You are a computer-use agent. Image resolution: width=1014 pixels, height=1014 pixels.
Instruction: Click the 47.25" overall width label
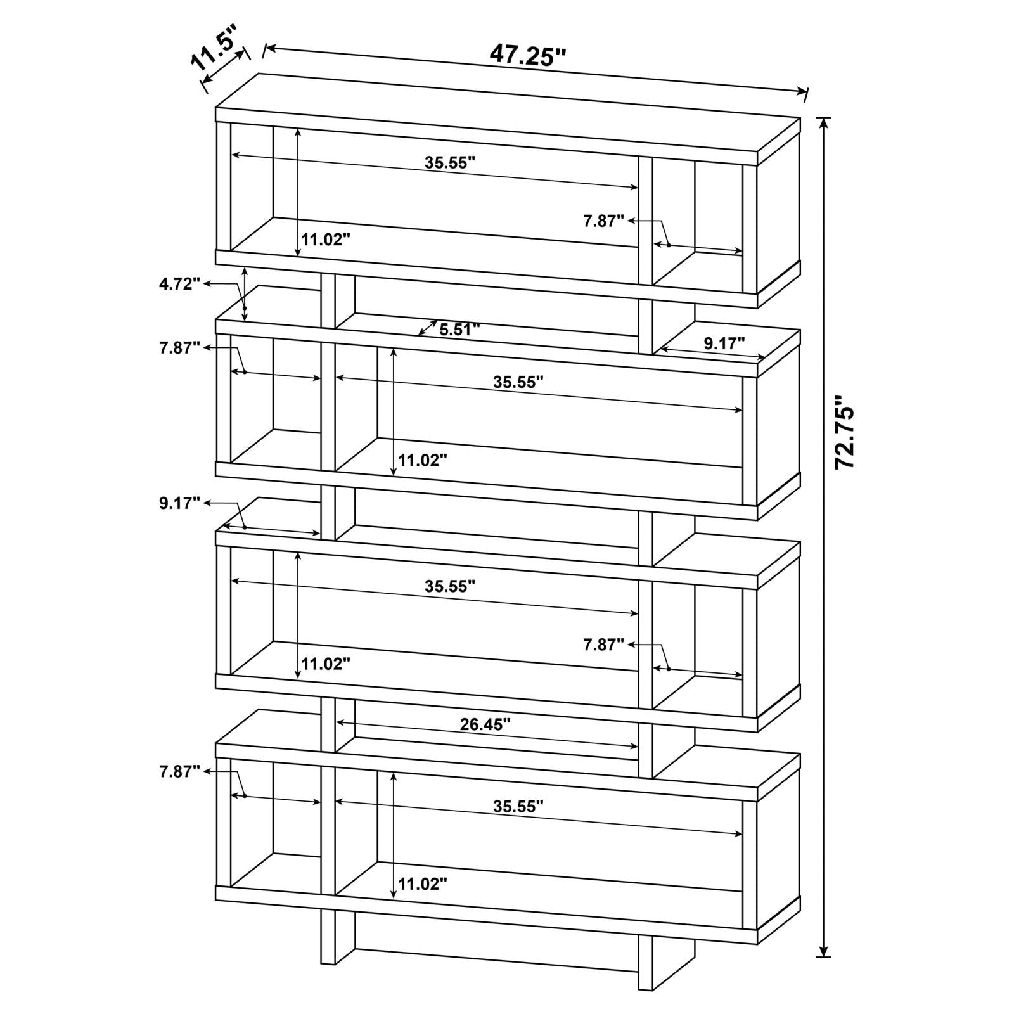point(527,55)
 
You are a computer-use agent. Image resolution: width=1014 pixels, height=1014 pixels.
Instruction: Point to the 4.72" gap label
point(180,283)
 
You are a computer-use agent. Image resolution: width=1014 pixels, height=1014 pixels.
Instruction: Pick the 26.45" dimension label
point(485,724)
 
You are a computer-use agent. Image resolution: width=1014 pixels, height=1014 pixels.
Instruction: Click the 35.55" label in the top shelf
point(450,162)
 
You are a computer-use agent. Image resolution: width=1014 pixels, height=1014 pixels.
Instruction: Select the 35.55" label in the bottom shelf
point(518,807)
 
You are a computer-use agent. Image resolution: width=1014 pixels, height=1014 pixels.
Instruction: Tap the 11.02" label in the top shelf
point(326,240)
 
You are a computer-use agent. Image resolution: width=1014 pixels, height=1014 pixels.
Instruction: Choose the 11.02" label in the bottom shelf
point(423,883)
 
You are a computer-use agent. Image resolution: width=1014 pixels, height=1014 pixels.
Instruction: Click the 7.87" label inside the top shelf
point(604,220)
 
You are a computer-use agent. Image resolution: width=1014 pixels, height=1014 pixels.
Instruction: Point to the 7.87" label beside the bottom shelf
point(180,771)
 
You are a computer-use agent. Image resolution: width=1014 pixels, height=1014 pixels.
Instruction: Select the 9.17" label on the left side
point(180,503)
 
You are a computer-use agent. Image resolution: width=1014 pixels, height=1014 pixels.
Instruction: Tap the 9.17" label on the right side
point(724,343)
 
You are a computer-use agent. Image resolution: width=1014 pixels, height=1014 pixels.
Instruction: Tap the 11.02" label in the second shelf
point(423,460)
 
